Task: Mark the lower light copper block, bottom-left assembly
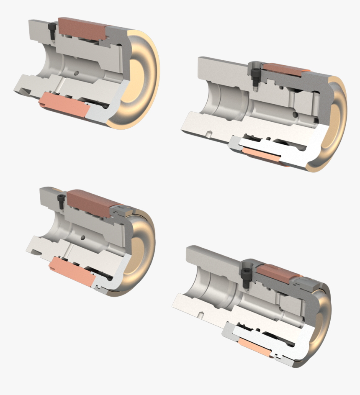(x=71, y=272)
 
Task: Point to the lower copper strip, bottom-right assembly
(x=255, y=347)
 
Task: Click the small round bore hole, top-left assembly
(x=76, y=73)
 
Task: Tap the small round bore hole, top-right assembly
(x=296, y=114)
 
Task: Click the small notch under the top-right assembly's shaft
(x=208, y=134)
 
